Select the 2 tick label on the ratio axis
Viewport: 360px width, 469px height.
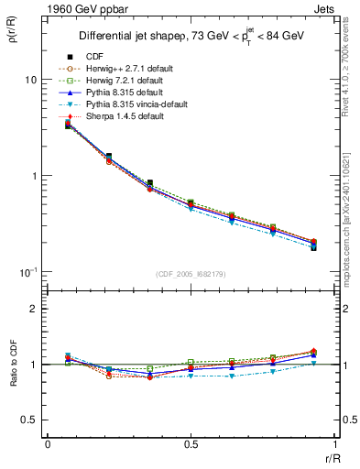33,309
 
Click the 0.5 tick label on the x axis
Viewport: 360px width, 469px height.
191,444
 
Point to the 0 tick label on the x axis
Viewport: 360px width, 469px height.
48,444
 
